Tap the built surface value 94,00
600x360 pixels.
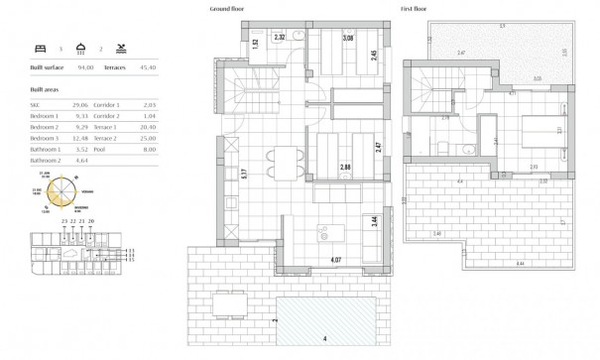(90, 67)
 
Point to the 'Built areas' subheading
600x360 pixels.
(46, 89)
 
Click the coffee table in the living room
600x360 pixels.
(326, 233)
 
